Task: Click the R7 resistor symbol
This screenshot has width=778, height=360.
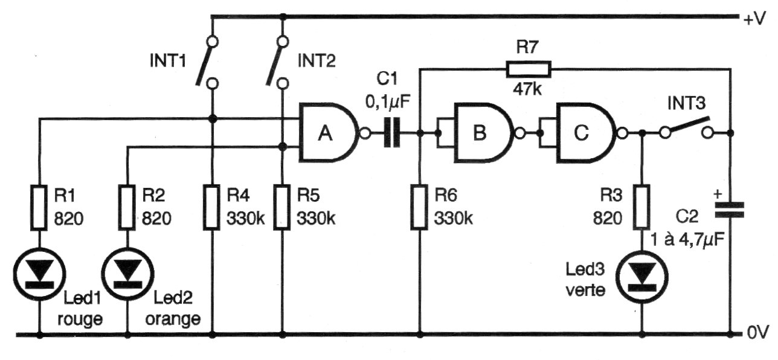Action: coord(529,69)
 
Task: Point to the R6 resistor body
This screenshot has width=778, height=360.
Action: coord(419,207)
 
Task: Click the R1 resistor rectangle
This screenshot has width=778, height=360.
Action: coord(39,208)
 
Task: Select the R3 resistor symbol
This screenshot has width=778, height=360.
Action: coord(641,207)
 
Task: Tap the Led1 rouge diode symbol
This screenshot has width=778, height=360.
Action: coord(39,274)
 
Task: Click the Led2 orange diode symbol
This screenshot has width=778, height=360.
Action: coord(127,274)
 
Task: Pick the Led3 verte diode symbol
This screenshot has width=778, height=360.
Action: coord(642,277)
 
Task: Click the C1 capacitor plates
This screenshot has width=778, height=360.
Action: coord(392,133)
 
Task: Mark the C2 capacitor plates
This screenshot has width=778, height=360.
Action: coord(730,210)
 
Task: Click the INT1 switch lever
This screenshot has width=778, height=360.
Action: coord(204,64)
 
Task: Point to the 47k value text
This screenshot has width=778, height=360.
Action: coord(527,89)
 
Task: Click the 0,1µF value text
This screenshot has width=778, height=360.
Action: coord(388,101)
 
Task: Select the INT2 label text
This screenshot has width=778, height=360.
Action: coord(317,61)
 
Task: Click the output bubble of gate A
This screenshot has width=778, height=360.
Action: coord(365,133)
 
